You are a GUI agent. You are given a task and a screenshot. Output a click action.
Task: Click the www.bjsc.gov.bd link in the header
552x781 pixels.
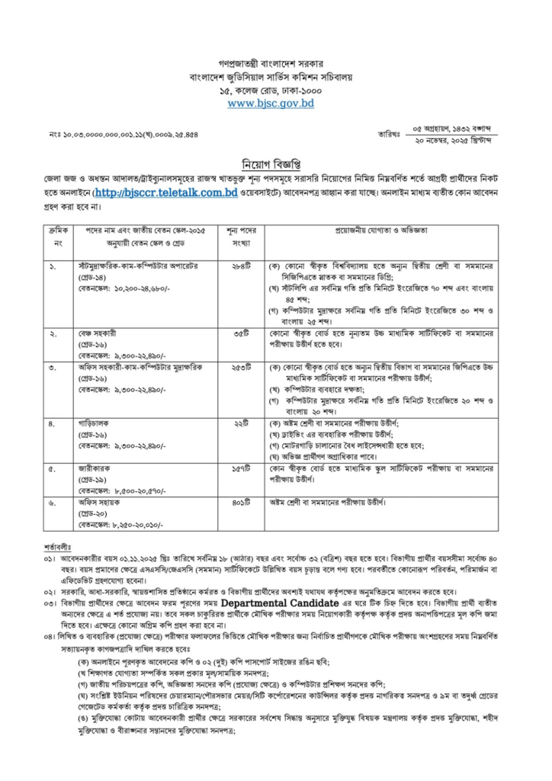[x=271, y=103]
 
